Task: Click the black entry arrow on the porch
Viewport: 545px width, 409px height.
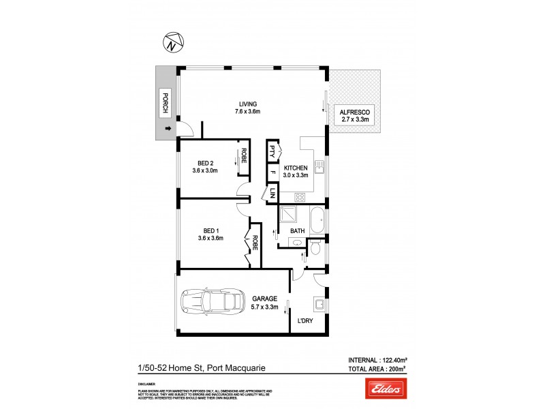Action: [x=167, y=127]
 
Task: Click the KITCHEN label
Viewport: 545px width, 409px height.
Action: [x=296, y=168]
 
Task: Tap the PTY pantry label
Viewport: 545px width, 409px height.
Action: [x=272, y=151]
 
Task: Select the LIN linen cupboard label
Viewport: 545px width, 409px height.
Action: [x=272, y=193]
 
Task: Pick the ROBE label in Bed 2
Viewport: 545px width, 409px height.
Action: [x=243, y=155]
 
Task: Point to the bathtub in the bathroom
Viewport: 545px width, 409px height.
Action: [x=315, y=220]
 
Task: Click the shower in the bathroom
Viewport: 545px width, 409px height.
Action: [x=290, y=217]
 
